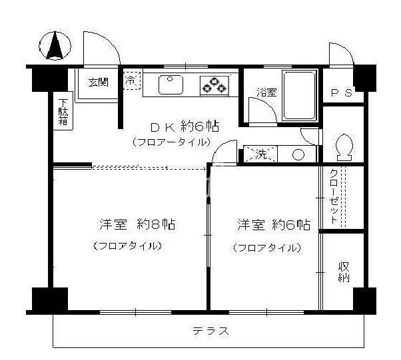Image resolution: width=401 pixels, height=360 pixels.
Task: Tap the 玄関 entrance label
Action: (x=98, y=82)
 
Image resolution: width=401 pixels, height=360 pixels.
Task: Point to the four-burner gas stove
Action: (x=214, y=85)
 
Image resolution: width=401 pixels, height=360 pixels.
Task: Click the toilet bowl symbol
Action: (x=344, y=147)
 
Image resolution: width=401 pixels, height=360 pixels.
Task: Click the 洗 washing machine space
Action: (x=257, y=154)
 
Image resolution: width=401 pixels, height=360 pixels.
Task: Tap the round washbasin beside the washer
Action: (x=298, y=154)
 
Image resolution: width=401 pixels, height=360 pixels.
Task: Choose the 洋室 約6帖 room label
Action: (x=273, y=224)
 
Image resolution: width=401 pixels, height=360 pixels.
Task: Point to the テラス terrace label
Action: (x=211, y=331)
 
